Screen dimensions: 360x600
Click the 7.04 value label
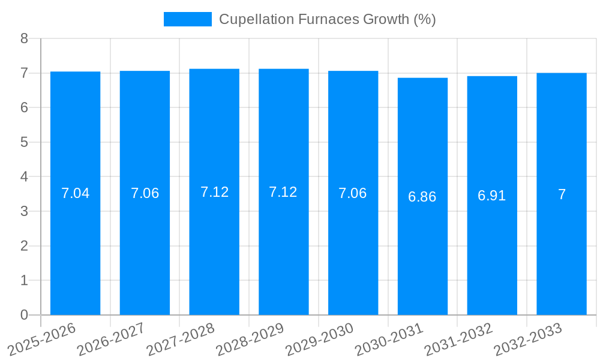pyautogui.click(x=75, y=193)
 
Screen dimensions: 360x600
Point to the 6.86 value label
pyautogui.click(x=422, y=197)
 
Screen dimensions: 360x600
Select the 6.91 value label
pyautogui.click(x=492, y=196)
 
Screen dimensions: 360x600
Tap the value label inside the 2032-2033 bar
pyautogui.click(x=562, y=194)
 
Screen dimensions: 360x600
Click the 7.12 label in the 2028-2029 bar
pyautogui.click(x=283, y=192)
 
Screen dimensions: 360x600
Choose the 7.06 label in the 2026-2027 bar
pyautogui.click(x=145, y=193)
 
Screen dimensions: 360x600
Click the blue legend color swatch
pyautogui.click(x=187, y=19)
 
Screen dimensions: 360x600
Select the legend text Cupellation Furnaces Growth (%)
pyautogui.click(x=327, y=19)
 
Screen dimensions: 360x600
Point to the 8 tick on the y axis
pyautogui.click(x=24, y=38)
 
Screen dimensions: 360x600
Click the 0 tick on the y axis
pyautogui.click(x=24, y=315)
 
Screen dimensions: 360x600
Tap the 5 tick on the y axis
pyautogui.click(x=24, y=142)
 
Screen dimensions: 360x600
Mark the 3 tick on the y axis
pyautogui.click(x=24, y=211)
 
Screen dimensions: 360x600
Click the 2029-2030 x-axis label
pyautogui.click(x=320, y=339)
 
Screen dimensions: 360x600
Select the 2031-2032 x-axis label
pyautogui.click(x=459, y=339)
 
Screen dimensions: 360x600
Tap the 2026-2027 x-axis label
pyautogui.click(x=112, y=339)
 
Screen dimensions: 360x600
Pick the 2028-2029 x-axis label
pyautogui.click(x=250, y=339)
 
